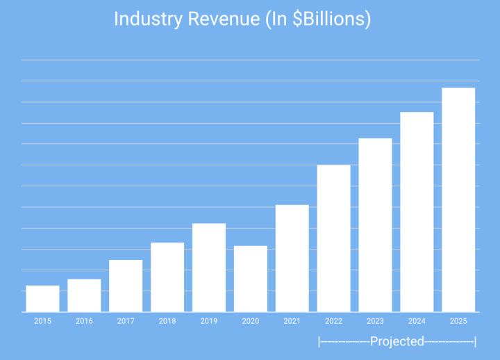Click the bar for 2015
pos(42,299)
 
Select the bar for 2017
pos(126,286)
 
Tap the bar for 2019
pos(209,268)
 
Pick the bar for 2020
pos(251,279)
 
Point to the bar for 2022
pos(333,238)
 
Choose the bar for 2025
pos(458,200)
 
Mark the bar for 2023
pos(375,225)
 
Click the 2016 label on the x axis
pos(84,321)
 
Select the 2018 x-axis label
pos(167,321)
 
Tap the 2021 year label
pos(292,321)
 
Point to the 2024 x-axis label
pos(417,321)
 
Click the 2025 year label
pos(458,321)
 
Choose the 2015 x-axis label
pos(42,321)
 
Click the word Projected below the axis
pos(397,341)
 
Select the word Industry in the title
pos(145,19)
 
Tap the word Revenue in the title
pos(219,19)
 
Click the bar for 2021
pos(292,259)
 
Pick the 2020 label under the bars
pos(251,321)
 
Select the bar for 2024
pos(417,212)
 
